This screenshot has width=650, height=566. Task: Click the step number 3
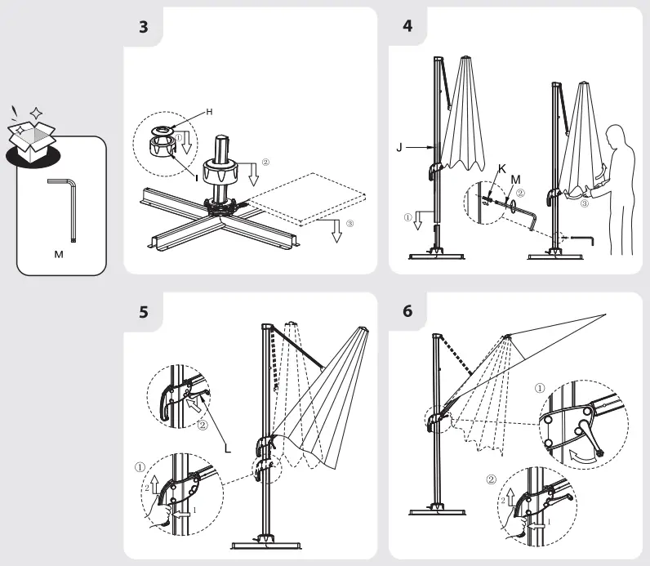[x=144, y=27]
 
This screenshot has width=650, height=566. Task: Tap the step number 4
[x=407, y=26]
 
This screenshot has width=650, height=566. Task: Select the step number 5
[x=144, y=312]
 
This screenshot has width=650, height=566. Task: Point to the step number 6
[x=407, y=311]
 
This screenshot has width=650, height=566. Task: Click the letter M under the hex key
[x=59, y=254]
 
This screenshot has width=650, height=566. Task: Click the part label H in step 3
[x=209, y=112]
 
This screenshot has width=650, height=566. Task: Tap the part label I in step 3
[x=197, y=178]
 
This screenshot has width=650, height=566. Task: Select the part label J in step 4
[x=399, y=147]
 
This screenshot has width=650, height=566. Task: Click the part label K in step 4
[x=502, y=169]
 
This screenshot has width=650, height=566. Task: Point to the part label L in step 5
[x=228, y=448]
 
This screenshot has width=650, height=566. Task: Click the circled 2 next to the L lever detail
[x=203, y=425]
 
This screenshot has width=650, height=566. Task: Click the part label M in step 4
[x=516, y=180]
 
